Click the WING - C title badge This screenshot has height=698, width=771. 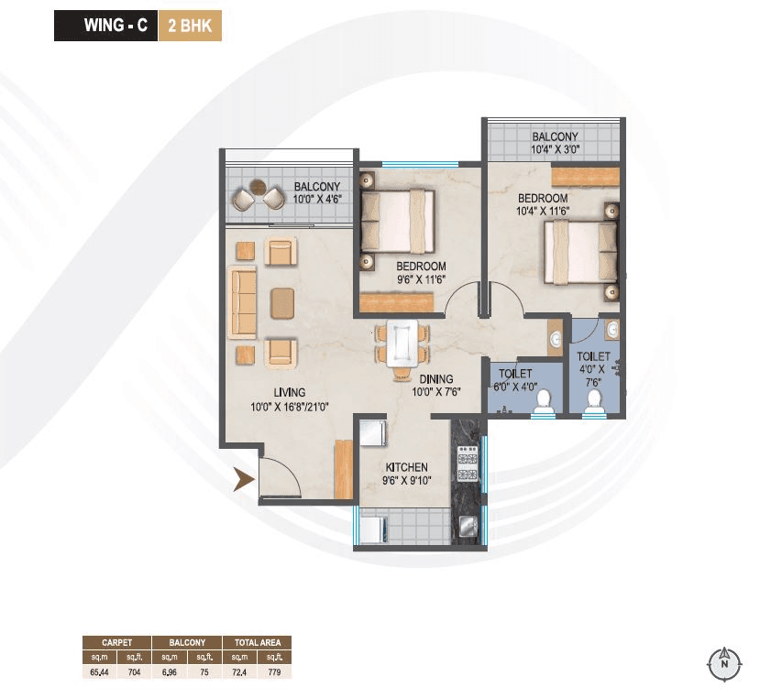[x=105, y=26]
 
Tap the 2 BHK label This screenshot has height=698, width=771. [x=190, y=26]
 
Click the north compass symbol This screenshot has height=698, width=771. [x=724, y=660]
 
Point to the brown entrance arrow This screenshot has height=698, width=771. [x=242, y=479]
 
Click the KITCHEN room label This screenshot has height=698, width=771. [x=407, y=467]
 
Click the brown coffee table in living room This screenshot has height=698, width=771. [x=283, y=302]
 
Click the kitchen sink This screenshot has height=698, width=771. [x=467, y=526]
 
